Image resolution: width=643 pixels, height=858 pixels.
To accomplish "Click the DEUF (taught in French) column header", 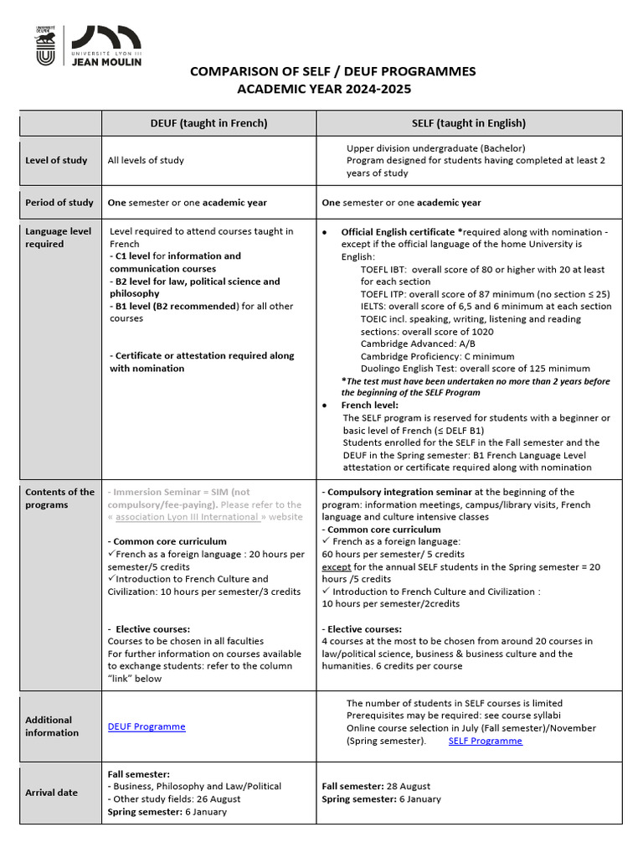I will click(x=209, y=123).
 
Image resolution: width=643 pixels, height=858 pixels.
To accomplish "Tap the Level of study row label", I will click(x=56, y=160).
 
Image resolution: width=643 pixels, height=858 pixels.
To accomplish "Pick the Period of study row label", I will click(x=59, y=203).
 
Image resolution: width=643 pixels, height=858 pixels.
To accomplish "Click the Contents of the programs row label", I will click(x=59, y=499).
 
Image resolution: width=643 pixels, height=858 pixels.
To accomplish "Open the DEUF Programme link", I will click(x=147, y=726).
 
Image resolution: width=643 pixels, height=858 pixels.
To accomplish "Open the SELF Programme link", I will click(x=485, y=741).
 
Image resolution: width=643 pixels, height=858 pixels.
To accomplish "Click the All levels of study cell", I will click(x=146, y=160).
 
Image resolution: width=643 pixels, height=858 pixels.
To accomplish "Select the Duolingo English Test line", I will click(x=475, y=369).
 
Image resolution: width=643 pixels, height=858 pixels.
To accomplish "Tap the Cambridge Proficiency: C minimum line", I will click(x=437, y=356).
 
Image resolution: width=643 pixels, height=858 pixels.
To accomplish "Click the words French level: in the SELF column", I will click(x=369, y=405).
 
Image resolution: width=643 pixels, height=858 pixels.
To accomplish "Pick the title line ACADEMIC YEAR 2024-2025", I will click(x=324, y=89).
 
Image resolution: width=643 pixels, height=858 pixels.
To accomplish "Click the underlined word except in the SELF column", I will click(x=336, y=566).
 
